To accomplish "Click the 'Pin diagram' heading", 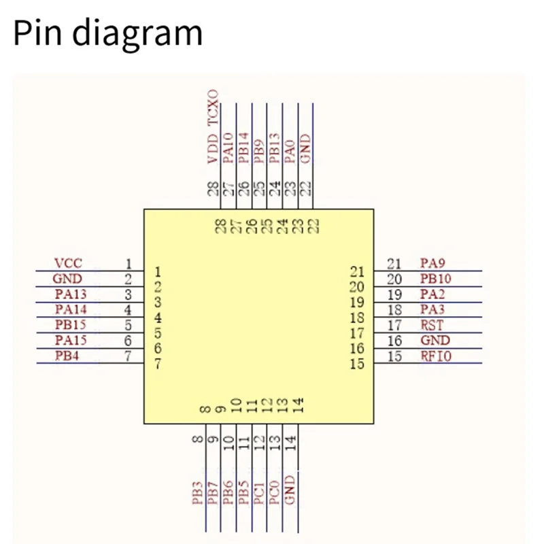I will pos(107,33).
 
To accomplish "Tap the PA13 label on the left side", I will pos(71,294).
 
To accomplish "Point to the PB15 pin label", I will pos(71,326).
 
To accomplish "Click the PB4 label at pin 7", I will pos(67,356).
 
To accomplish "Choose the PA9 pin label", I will pos(432,263).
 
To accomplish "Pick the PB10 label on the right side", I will pos(435,279).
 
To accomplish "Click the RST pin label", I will pos(432,325).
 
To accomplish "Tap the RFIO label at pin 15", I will pos(435,356).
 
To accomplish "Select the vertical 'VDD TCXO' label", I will pos(214,127).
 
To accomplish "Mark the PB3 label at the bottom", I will pos(198,493).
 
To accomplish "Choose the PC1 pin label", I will pos(259,493).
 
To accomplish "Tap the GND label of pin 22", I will pos(306,149).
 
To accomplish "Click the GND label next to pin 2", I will pos(67,279).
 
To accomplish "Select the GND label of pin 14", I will pos(290,490).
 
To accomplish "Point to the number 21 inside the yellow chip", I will pos(358,272).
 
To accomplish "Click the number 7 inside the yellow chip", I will pos(158,364).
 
